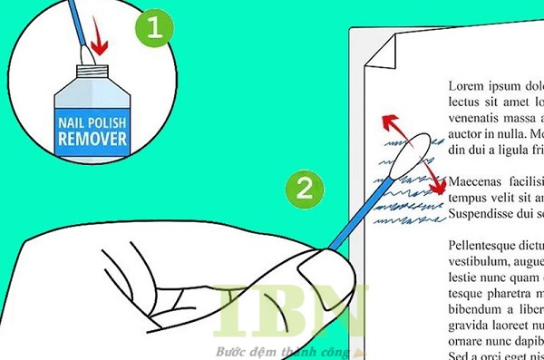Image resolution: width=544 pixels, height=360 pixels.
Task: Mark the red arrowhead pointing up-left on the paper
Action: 385,121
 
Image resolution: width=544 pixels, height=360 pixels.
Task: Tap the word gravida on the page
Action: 471,325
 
